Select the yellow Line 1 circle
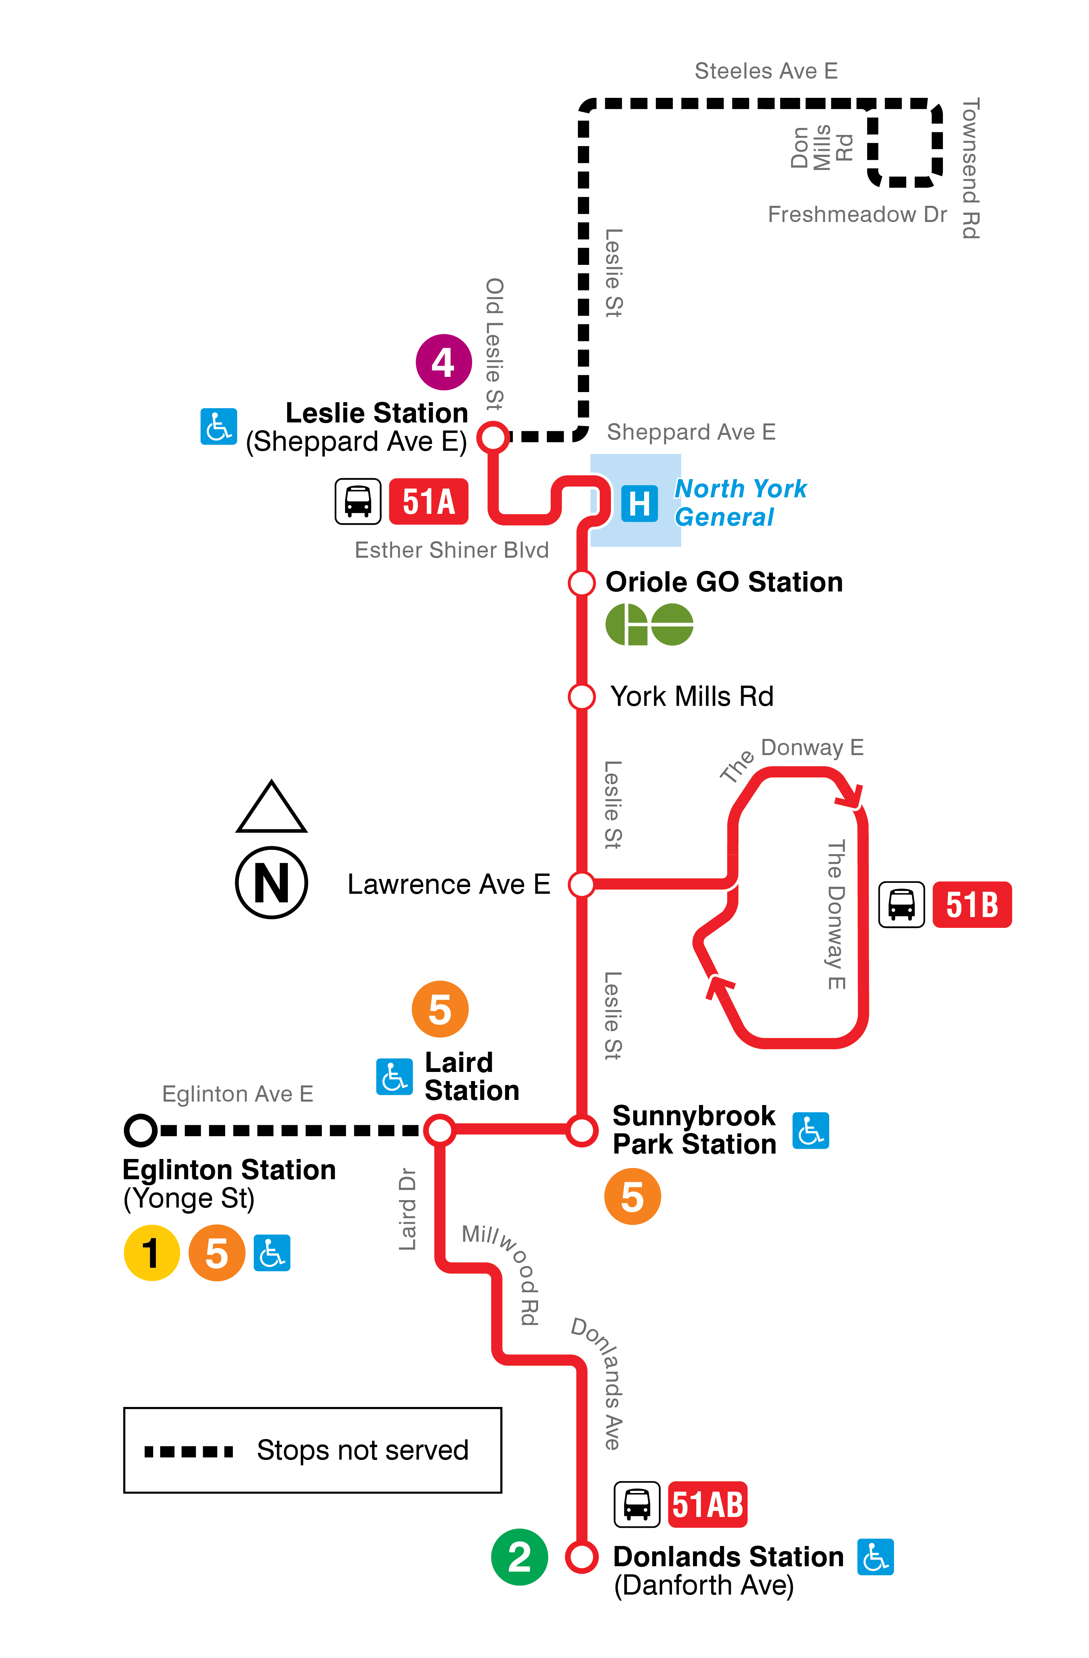coord(151,1252)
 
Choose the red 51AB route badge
coord(707,1505)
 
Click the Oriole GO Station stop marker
coord(581,582)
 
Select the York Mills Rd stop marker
coord(581,696)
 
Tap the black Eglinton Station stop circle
coord(141,1130)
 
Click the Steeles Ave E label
coord(766,71)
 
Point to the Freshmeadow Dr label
coord(857,215)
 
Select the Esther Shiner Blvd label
coord(451,550)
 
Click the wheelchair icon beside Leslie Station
coord(218,426)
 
